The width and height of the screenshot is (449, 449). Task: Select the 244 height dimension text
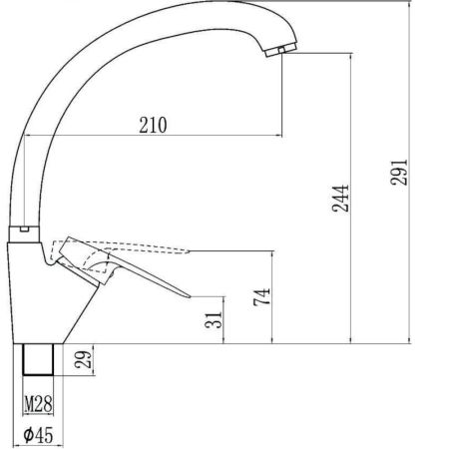pos(339,199)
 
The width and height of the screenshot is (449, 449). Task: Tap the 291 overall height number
pos(402,173)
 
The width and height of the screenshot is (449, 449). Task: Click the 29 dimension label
pos(86,360)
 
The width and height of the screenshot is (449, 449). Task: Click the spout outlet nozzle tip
pos(283,50)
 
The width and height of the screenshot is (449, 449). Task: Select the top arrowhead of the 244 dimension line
pos(348,58)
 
